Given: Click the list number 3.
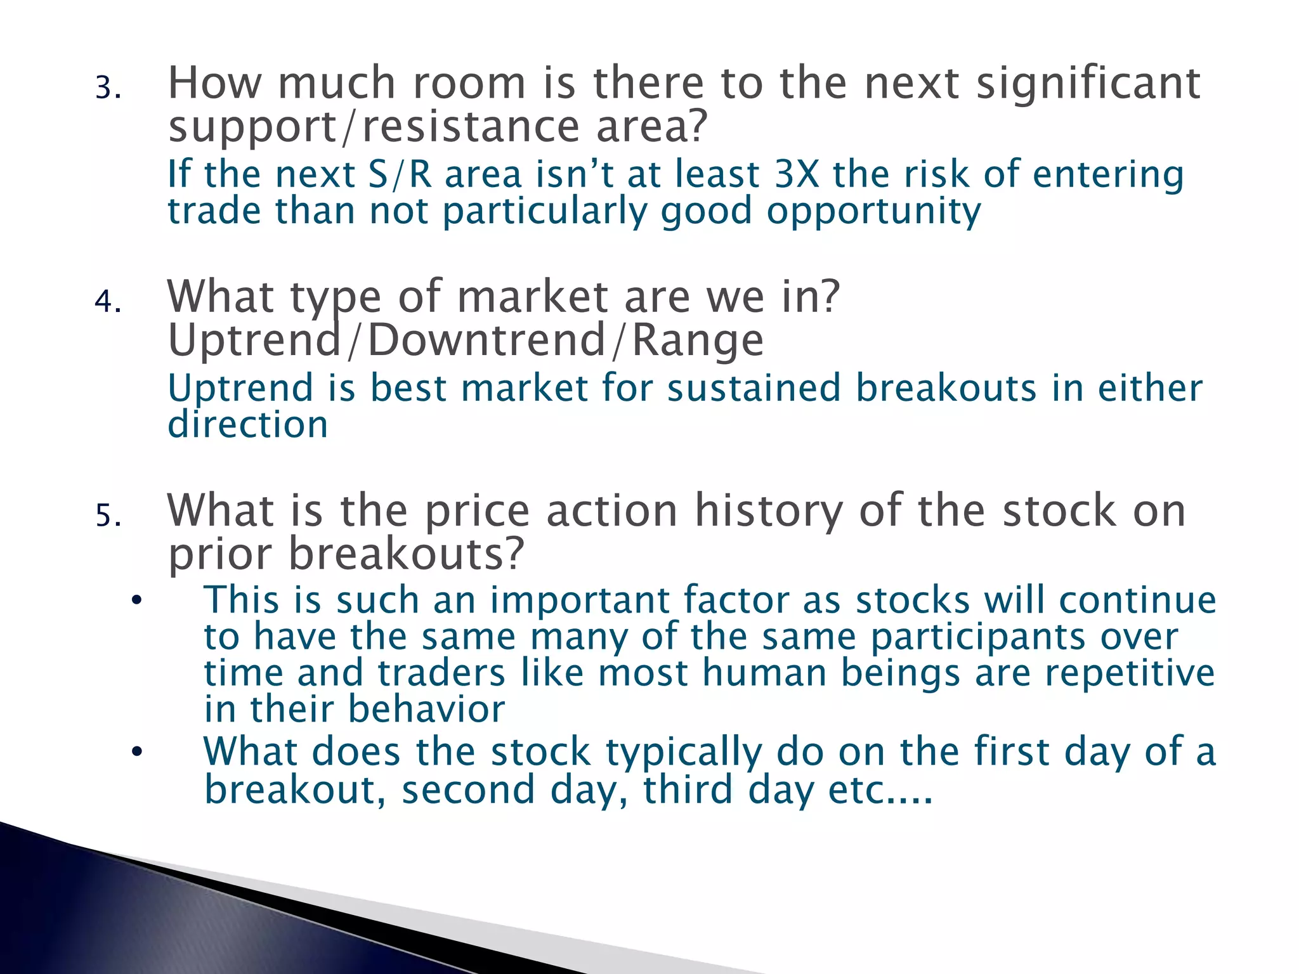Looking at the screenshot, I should tap(107, 88).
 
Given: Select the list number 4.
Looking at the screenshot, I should tap(107, 301).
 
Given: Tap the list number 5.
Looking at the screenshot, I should tap(107, 515).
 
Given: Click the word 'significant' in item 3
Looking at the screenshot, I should tap(1088, 85).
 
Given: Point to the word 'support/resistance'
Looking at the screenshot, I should tap(374, 127).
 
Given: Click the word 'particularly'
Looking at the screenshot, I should tap(544, 212).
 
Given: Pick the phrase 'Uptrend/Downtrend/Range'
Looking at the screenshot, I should tap(466, 341).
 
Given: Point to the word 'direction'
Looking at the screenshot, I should tap(248, 424).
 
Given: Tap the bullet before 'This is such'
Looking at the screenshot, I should tap(136, 601).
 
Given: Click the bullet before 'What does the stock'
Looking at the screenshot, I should tap(136, 753).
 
